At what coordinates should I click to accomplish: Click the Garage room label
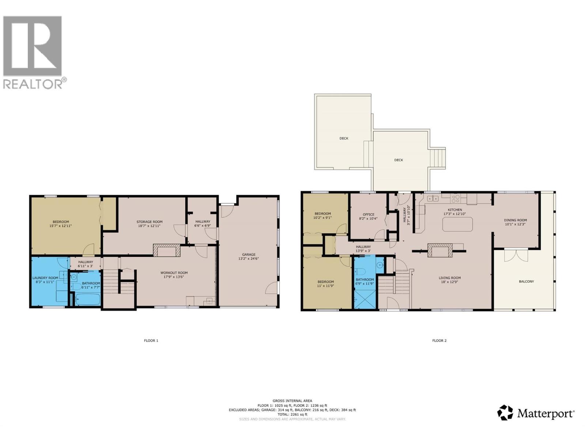coord(249,255)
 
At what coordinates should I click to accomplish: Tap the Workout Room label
coord(174,273)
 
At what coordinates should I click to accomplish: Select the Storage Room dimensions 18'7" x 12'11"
coord(150,226)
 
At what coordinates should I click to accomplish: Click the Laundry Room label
coord(45,278)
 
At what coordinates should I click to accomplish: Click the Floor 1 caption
coord(151,341)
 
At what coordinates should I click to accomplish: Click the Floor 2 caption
coord(439,341)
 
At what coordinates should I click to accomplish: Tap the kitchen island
coord(457,224)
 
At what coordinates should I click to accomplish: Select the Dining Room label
coord(516,220)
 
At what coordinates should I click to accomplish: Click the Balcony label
coord(526,281)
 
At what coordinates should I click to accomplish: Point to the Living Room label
coord(450,278)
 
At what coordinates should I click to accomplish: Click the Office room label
coord(369,214)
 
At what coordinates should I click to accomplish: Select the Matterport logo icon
coord(505,413)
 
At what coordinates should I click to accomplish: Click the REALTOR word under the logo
coord(33,84)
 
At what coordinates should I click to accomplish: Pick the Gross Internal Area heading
coord(292,401)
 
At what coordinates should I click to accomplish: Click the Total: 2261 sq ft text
coord(292,414)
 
